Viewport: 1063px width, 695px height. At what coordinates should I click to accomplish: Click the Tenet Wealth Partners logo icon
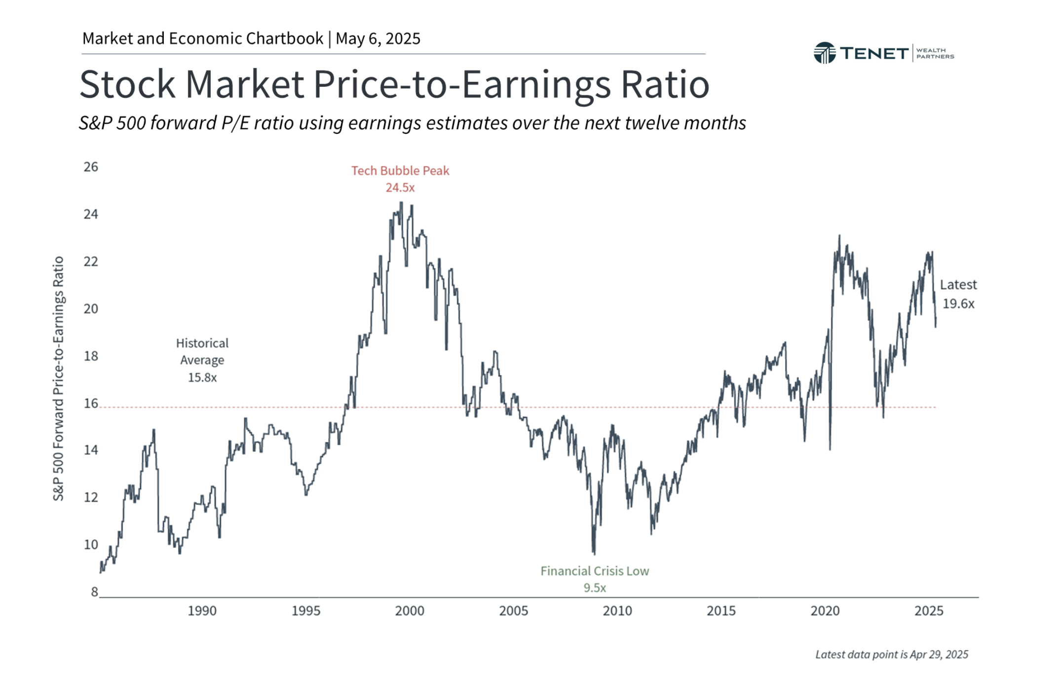(x=824, y=53)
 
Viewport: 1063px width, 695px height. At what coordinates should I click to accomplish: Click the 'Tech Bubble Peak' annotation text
(x=400, y=171)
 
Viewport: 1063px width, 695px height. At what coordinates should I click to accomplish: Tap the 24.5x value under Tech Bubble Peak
(x=400, y=188)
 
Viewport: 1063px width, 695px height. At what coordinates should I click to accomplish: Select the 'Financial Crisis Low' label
(x=594, y=571)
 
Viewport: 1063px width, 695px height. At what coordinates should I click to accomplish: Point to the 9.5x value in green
(x=594, y=588)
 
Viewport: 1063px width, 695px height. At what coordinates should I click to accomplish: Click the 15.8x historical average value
(x=202, y=378)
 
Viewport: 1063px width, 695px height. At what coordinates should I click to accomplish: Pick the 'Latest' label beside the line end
(x=957, y=285)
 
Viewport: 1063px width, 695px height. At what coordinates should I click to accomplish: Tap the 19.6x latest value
(x=958, y=304)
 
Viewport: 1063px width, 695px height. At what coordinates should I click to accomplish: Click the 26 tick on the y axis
(x=91, y=167)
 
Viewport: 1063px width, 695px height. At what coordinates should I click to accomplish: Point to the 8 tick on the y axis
(x=94, y=592)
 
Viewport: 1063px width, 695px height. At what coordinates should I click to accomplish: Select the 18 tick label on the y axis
(x=91, y=356)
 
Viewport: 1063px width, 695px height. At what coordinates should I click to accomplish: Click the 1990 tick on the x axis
(x=202, y=611)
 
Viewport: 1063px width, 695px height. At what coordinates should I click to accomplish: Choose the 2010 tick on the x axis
(x=617, y=611)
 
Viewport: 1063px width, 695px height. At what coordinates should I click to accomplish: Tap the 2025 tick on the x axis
(x=928, y=611)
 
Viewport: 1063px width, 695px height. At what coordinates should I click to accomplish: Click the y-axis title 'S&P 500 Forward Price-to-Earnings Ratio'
(x=58, y=378)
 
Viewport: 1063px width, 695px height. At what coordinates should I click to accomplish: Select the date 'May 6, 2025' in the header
(x=378, y=39)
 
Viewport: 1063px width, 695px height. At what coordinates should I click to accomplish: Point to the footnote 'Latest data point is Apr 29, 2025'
(x=891, y=655)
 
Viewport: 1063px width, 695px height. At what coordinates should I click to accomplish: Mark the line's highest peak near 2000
(x=401, y=203)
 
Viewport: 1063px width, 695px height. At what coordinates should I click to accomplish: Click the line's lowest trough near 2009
(x=594, y=553)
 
